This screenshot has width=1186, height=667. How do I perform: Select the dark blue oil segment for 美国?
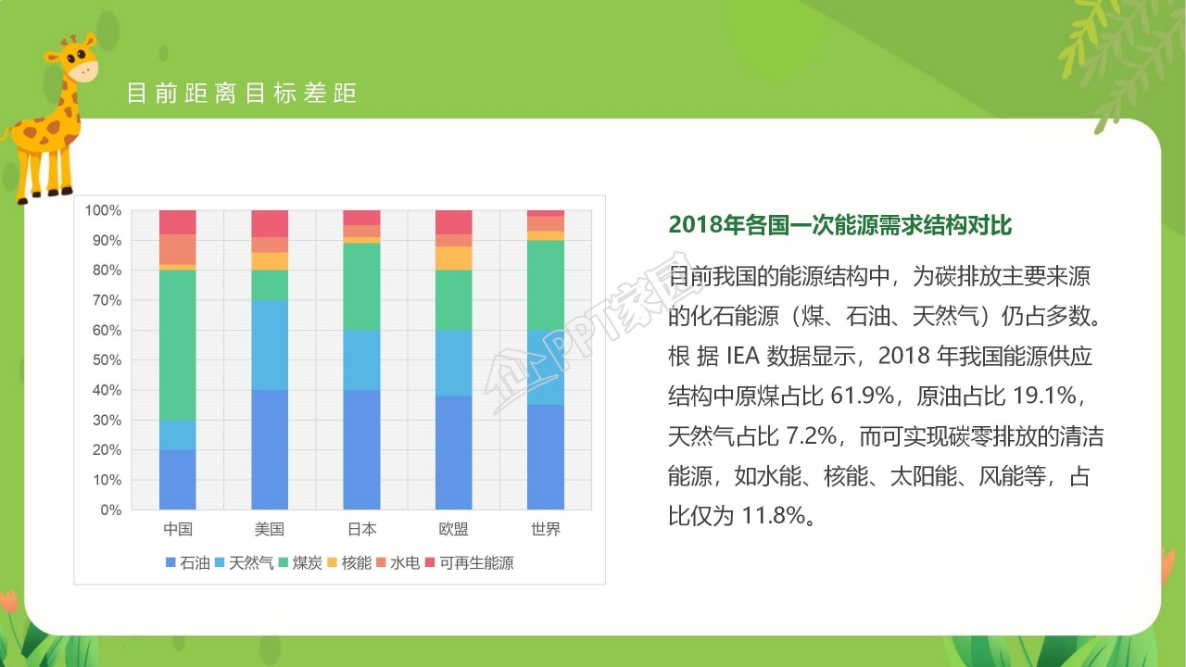(270, 449)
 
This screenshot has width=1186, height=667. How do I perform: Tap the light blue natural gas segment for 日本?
(361, 359)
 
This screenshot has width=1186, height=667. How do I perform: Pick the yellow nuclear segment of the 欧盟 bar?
(453, 258)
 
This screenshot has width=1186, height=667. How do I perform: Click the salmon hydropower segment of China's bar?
(177, 249)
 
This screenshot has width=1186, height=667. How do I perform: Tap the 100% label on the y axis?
(104, 210)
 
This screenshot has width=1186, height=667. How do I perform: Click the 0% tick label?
(111, 510)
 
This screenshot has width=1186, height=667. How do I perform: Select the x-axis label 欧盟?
(453, 530)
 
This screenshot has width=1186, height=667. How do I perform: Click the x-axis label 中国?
(177, 530)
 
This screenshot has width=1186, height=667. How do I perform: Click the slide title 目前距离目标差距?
(241, 94)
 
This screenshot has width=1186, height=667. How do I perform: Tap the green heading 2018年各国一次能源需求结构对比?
(839, 225)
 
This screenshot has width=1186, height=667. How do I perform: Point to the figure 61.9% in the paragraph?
(863, 397)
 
